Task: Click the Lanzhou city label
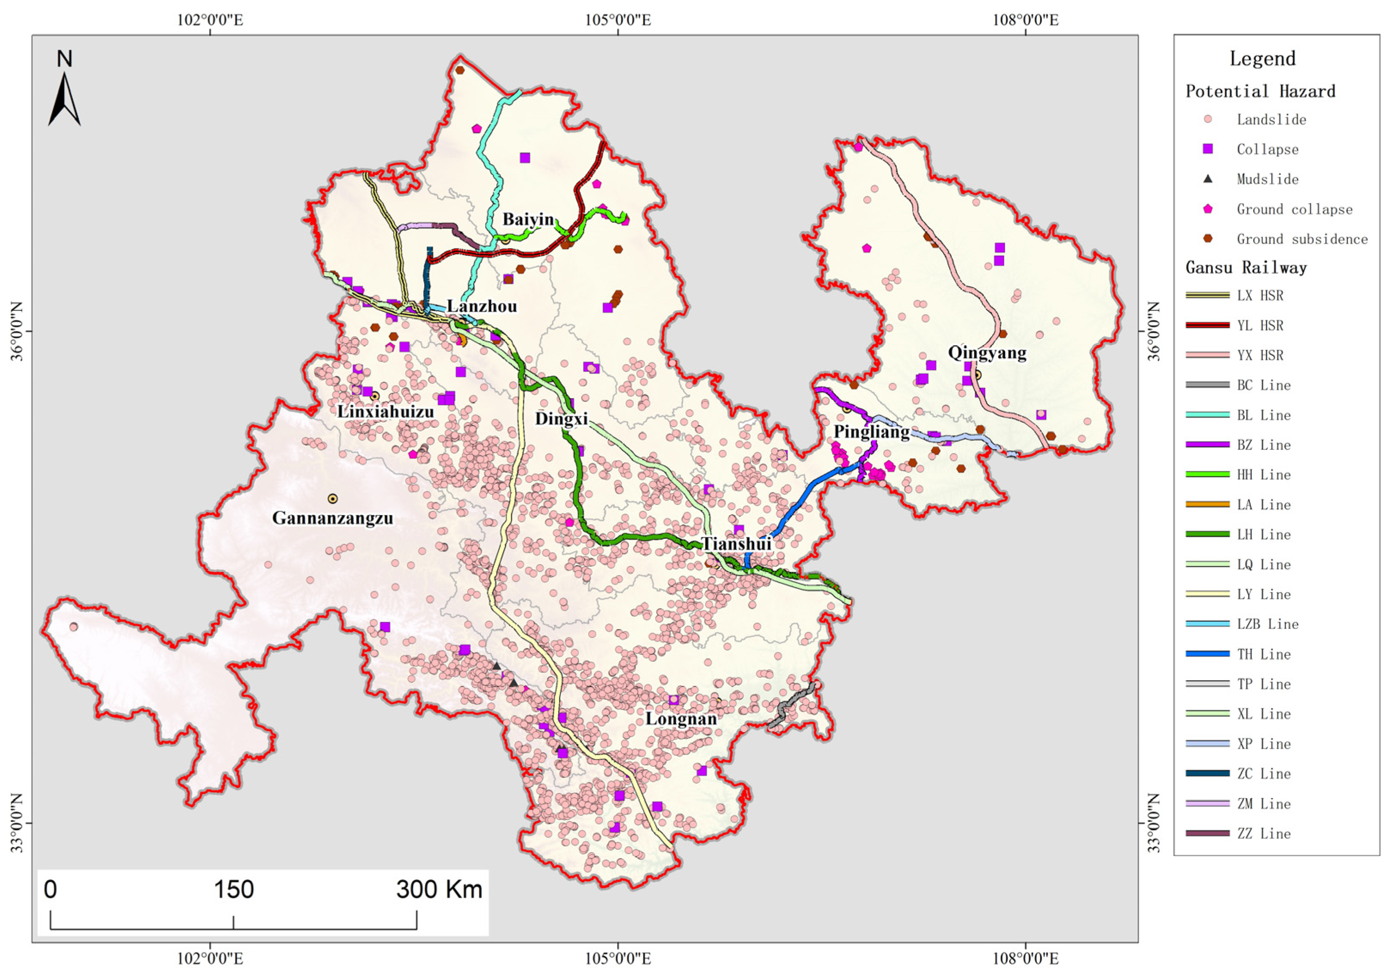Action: click(482, 306)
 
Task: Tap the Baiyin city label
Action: click(528, 219)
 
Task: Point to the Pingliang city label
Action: click(871, 432)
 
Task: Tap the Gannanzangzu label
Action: click(333, 518)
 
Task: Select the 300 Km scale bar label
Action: click(439, 889)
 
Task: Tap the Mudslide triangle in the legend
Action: click(1207, 179)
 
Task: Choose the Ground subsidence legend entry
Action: click(1301, 239)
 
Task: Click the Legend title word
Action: click(1262, 59)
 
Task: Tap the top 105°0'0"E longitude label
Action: click(618, 20)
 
